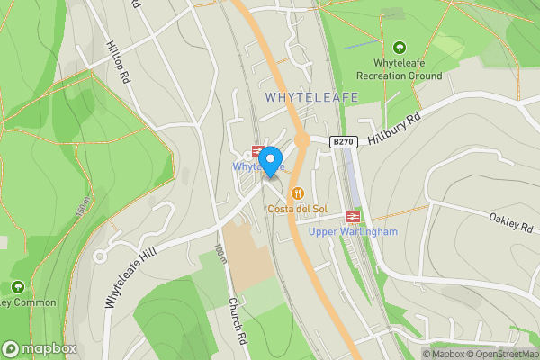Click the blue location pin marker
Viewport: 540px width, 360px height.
270,160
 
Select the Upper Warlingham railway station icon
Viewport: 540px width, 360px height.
353,216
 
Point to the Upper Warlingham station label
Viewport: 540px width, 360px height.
353,232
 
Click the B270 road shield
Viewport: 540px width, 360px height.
343,141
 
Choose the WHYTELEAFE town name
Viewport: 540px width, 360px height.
312,96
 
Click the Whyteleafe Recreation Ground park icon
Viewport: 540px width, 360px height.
399,47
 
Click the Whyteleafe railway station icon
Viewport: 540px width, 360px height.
257,152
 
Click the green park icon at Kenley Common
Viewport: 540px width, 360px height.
17,287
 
